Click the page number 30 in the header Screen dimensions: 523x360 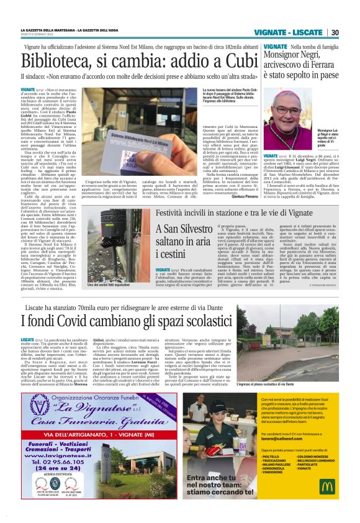click(334, 33)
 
